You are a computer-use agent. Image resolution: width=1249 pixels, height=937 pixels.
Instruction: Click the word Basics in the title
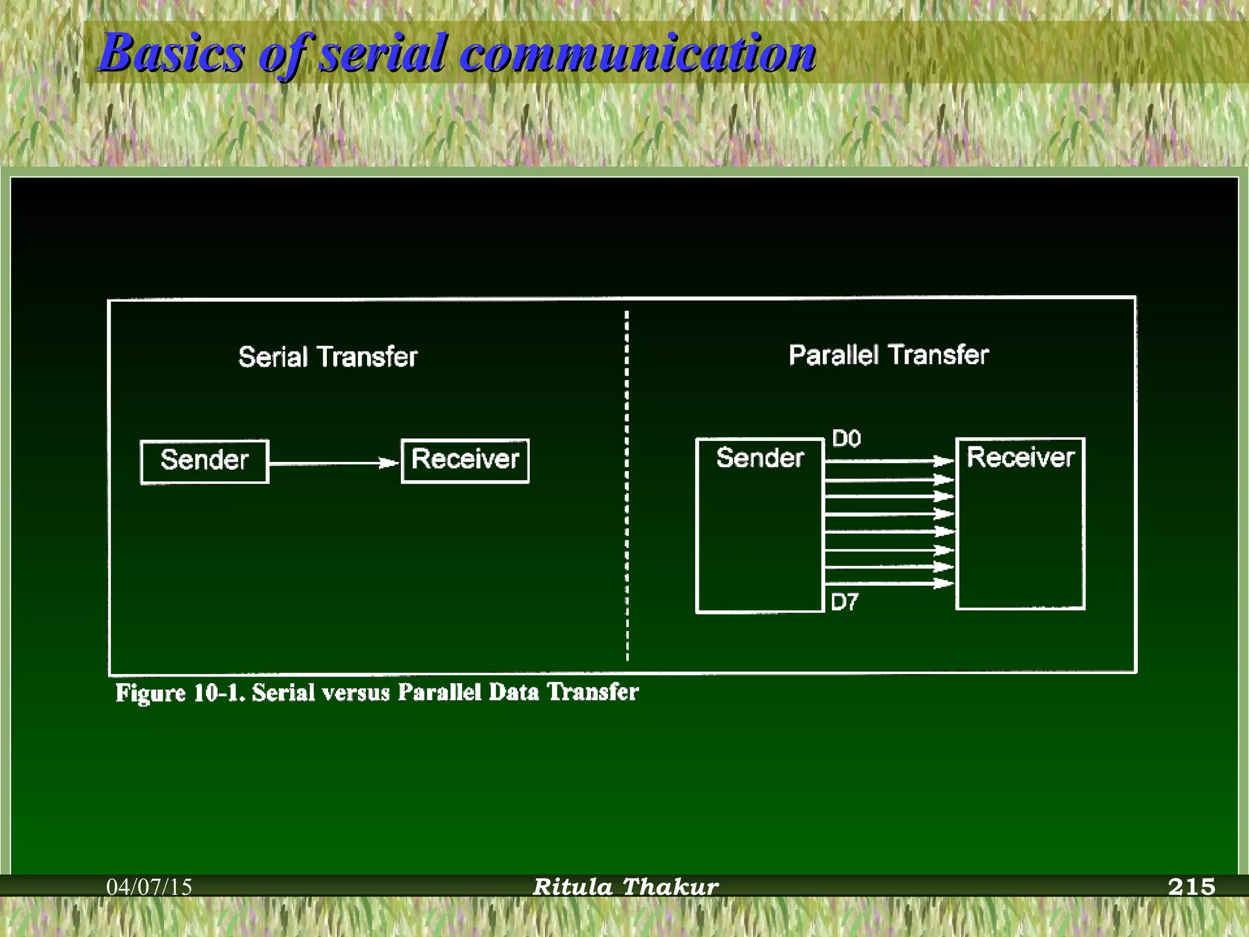tap(171, 53)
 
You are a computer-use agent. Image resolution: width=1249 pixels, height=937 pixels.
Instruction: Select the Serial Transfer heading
tap(327, 357)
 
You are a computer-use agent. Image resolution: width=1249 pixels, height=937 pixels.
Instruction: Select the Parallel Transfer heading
tap(888, 355)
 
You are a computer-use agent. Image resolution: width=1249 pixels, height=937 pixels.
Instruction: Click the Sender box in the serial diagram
tap(204, 461)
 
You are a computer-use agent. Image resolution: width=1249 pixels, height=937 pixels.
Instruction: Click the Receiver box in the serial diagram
tap(465, 461)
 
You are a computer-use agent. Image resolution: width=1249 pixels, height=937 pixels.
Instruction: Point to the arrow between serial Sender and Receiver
tap(332, 463)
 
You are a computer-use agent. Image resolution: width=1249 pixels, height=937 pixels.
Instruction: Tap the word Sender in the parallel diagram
tap(760, 458)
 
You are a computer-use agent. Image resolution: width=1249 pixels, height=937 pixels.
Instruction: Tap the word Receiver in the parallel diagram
tap(1020, 458)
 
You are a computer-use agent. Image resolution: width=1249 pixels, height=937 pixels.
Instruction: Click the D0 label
tap(846, 439)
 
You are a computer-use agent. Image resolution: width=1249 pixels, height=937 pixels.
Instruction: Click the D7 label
tap(845, 603)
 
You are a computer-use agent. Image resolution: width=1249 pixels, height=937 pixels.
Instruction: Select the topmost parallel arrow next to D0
tap(887, 461)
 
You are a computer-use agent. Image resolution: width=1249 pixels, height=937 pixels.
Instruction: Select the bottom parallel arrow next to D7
tap(887, 584)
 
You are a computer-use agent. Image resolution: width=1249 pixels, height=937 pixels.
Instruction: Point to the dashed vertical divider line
tap(627, 488)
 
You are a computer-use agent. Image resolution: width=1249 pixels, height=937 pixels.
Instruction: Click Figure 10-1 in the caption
tap(181, 693)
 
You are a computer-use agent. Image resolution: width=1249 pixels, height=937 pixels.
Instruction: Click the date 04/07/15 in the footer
tap(149, 887)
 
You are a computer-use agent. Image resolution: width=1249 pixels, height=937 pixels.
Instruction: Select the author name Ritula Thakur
tap(625, 887)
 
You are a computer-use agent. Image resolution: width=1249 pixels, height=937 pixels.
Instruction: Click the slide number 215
tap(1191, 887)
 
